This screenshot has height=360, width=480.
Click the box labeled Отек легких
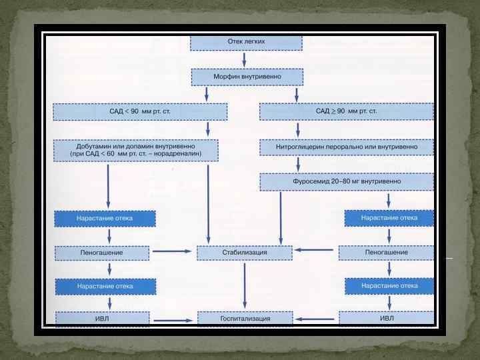246,42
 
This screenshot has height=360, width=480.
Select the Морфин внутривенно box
247,77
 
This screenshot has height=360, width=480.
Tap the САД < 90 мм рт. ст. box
140,111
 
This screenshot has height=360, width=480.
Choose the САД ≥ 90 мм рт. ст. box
346,111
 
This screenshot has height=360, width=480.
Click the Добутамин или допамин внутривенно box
135,149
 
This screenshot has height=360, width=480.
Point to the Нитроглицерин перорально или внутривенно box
346,146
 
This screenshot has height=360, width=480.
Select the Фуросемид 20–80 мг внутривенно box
346,181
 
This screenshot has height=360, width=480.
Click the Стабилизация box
244,253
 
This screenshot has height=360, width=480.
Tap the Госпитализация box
245,319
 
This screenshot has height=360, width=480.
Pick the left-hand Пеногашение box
102,253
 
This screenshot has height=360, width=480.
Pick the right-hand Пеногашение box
386,253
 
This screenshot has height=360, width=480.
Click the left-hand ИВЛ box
102,319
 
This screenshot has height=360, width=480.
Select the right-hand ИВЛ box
386,318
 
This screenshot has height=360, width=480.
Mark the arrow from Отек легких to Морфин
246,59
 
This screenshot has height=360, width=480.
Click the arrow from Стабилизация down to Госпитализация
245,285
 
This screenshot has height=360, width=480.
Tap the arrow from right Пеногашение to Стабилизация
315,251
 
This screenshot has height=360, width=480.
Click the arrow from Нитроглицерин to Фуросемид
297,164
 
